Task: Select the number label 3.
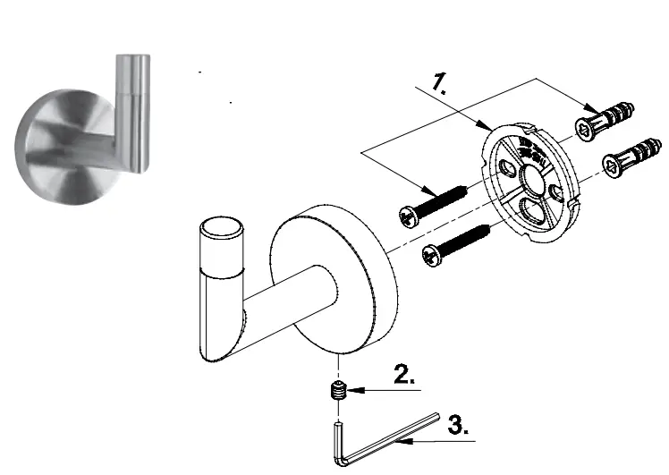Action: [x=457, y=424]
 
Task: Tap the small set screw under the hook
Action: [x=338, y=390]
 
